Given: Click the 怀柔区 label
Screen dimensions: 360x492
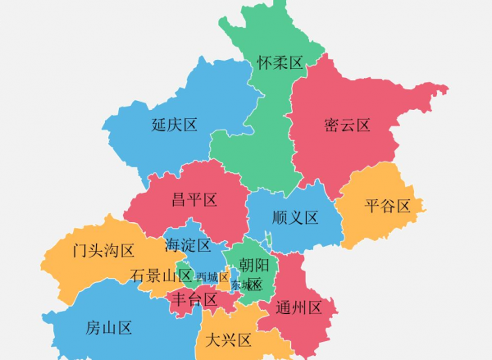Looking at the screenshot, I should (280, 62).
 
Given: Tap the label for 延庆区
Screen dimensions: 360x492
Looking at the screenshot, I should (175, 125).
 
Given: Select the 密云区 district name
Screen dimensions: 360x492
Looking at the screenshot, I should (347, 125).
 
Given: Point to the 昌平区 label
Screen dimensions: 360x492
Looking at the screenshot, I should (194, 199).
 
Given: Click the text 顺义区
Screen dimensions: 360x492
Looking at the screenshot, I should (295, 217).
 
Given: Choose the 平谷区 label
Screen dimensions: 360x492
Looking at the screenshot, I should (387, 206).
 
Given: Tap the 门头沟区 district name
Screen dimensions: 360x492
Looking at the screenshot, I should (102, 250).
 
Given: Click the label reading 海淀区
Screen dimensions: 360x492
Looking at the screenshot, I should (188, 245).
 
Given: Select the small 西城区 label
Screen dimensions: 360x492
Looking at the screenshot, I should (212, 277).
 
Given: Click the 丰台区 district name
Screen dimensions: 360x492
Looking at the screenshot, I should (194, 300).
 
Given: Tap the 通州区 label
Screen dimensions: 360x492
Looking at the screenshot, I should (305, 308).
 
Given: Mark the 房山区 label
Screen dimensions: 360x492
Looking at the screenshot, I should (109, 329).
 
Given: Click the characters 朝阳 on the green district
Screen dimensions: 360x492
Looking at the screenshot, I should (254, 265).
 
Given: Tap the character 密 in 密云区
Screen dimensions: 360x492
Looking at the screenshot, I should (332, 125).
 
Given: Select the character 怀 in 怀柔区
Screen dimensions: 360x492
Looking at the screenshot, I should (264, 62).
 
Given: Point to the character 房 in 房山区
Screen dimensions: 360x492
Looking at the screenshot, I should (93, 329).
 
